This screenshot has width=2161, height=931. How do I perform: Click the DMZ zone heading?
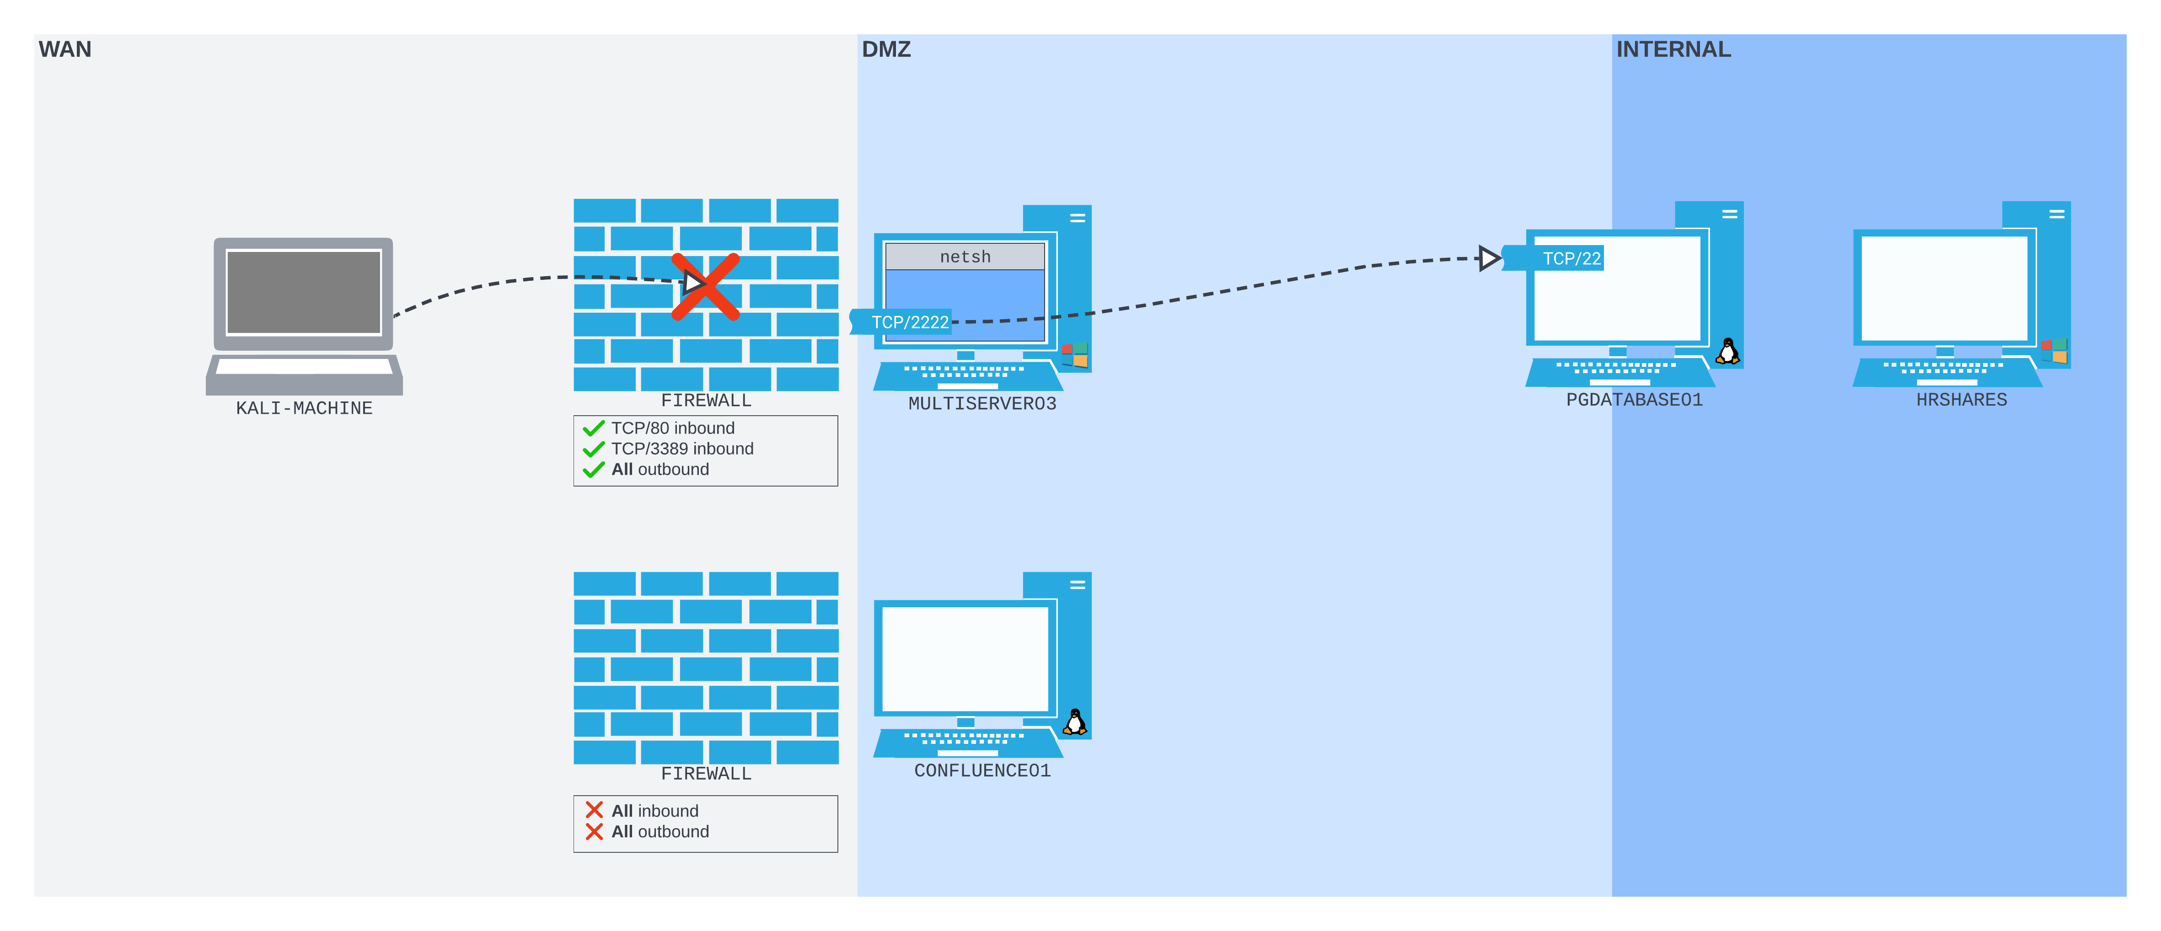(886, 49)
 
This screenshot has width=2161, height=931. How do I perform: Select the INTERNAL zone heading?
(1673, 49)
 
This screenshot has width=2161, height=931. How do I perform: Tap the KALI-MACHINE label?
(304, 408)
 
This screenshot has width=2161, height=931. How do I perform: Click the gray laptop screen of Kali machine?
(304, 292)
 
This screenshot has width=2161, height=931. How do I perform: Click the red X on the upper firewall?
(706, 287)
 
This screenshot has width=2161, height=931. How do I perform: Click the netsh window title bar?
(965, 257)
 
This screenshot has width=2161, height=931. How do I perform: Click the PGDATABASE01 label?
(1634, 400)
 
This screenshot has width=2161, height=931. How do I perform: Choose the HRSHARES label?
(1961, 400)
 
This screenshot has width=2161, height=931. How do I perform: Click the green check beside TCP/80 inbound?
(594, 428)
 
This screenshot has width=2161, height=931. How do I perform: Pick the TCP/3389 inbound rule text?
(682, 449)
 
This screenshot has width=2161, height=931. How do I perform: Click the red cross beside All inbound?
(594, 810)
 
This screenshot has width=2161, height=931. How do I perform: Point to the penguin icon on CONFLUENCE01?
(1075, 722)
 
